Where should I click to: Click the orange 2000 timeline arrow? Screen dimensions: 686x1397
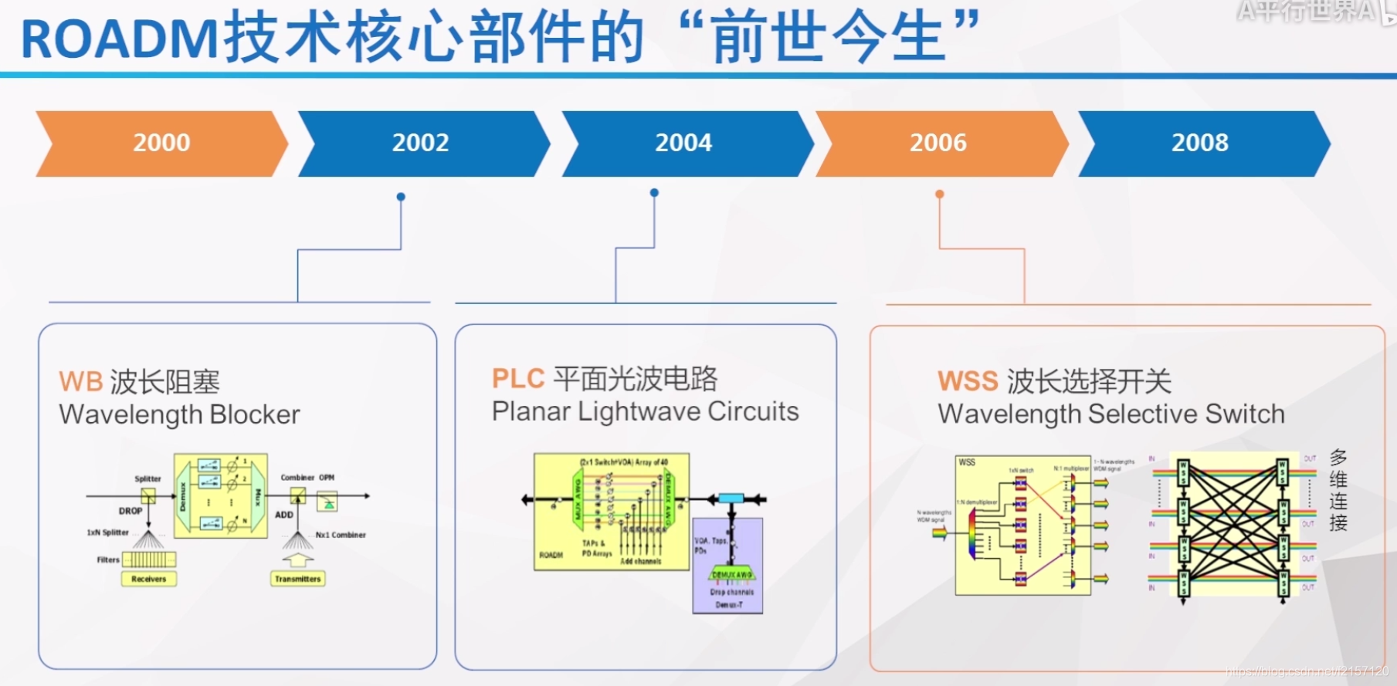161,144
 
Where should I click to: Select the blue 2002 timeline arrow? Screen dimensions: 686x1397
421,144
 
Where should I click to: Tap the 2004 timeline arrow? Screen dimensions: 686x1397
684,144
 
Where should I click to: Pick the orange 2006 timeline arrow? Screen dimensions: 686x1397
938,144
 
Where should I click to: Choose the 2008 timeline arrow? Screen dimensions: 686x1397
1200,144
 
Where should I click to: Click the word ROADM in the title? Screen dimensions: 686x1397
120,39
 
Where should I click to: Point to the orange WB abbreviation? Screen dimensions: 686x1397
80,382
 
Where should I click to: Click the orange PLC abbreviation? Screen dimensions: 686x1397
518,379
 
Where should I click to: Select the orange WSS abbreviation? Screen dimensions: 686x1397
968,381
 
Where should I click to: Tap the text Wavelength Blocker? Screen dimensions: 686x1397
179,415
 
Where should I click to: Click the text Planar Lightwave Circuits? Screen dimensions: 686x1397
645,412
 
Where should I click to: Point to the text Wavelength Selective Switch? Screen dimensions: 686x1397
1110,414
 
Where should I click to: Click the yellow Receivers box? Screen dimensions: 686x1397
148,579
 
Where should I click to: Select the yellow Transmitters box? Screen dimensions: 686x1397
297,579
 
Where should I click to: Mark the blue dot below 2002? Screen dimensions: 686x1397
401,197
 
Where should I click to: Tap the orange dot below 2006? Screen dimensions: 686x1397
939,194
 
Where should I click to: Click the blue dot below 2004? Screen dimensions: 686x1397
654,193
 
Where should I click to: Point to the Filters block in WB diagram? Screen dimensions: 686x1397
149,559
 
